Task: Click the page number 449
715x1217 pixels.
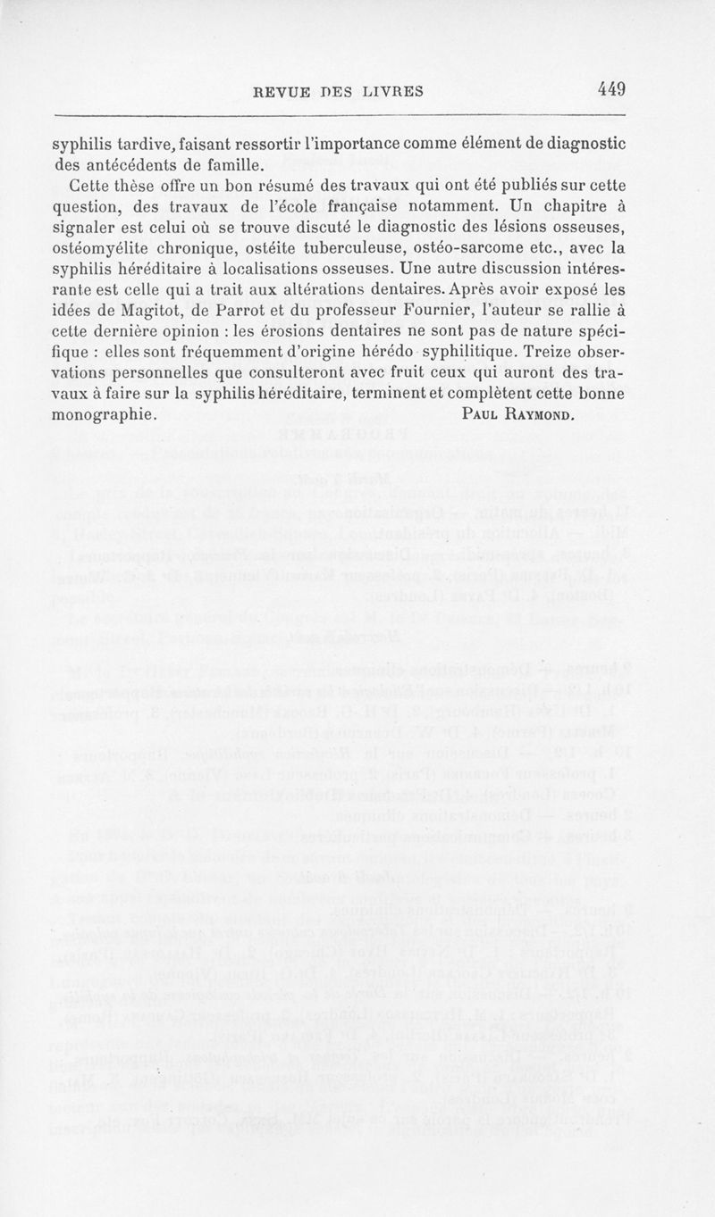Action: [x=611, y=89]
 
